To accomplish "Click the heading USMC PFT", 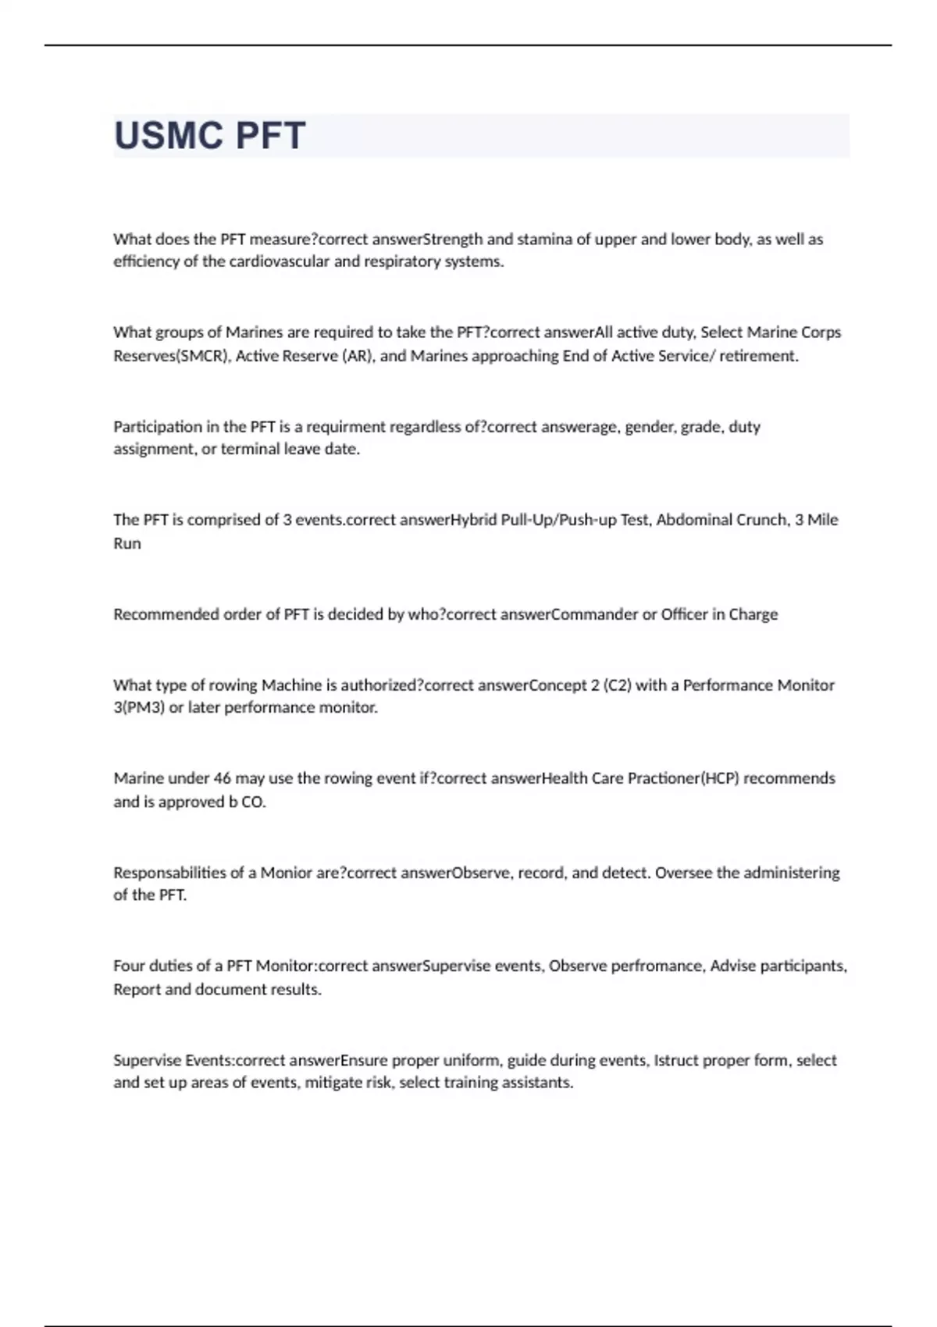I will (x=209, y=136).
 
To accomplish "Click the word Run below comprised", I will (x=127, y=543).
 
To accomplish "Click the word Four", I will (x=129, y=966).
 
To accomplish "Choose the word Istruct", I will (x=675, y=1060).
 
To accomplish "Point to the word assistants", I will (x=538, y=1083).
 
